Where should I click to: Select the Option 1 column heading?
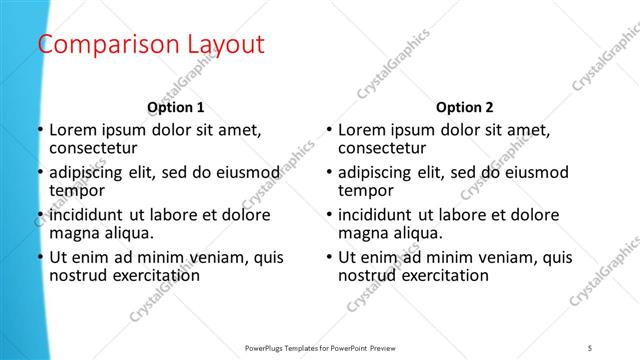pos(175,107)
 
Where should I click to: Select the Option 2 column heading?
pos(465,107)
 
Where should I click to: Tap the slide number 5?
pos(590,347)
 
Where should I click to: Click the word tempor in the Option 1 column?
pos(76,191)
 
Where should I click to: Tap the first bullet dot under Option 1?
pos(39,130)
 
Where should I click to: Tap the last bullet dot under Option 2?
pos(328,257)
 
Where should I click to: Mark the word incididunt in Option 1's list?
pos(87,214)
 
